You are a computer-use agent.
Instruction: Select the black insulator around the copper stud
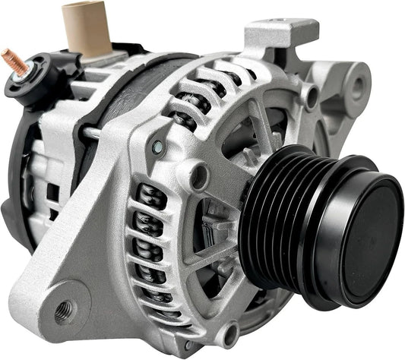click(30, 80)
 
